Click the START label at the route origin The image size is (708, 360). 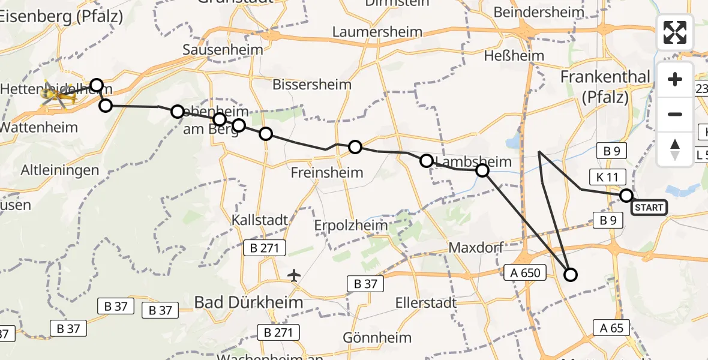click(649, 208)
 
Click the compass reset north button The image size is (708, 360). click(675, 149)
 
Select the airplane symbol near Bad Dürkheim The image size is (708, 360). click(293, 275)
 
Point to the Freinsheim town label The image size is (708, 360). click(327, 173)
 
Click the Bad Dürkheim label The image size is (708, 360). click(248, 302)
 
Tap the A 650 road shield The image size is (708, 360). click(522, 273)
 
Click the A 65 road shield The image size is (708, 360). click(611, 327)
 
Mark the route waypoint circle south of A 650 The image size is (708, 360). click(570, 275)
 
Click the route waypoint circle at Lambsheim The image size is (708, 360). click(482, 171)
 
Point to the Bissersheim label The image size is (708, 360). click(311, 85)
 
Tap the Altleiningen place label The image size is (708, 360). click(60, 170)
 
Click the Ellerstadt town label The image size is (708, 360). click(423, 303)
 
